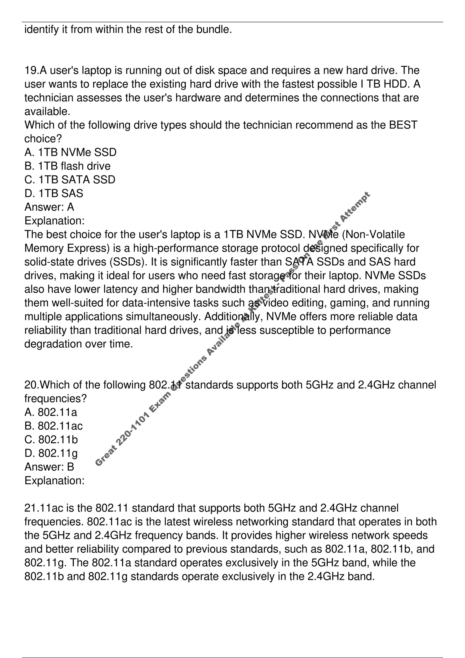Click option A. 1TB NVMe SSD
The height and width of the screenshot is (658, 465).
point(70,152)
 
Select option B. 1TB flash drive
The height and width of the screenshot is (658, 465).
point(68,166)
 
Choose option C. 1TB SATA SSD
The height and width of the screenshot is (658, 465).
point(70,180)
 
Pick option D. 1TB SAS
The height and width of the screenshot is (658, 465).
point(54,194)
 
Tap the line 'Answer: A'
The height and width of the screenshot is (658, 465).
point(49,207)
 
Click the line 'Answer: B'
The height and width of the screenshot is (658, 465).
point(49,467)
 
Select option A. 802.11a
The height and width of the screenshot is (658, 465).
point(51,412)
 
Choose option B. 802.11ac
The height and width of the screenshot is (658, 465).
point(54,426)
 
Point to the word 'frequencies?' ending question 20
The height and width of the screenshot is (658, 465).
point(56,399)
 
